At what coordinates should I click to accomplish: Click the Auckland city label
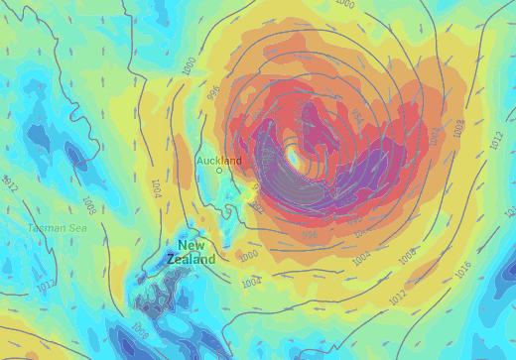(219, 160)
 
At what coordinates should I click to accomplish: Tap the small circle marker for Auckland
(220, 171)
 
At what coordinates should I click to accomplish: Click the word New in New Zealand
(192, 245)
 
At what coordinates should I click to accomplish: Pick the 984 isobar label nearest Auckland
(256, 185)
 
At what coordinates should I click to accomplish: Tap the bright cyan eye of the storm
(295, 156)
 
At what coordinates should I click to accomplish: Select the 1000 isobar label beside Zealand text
(248, 255)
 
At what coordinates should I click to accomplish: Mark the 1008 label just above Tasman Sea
(88, 205)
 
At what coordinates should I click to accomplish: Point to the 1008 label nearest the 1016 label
(407, 257)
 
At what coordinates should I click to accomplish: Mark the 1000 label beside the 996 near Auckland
(190, 65)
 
